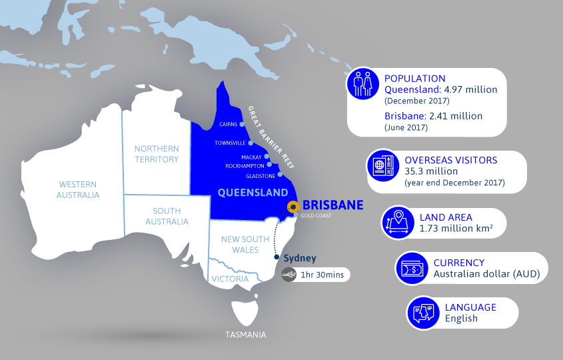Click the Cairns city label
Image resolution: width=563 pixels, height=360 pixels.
229,124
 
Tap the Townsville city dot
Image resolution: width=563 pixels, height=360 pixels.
251,143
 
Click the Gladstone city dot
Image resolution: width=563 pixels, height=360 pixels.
280,175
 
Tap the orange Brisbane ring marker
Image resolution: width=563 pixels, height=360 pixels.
292,207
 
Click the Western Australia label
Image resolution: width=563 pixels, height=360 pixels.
79,189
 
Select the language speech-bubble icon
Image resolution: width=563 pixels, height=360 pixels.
424,313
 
